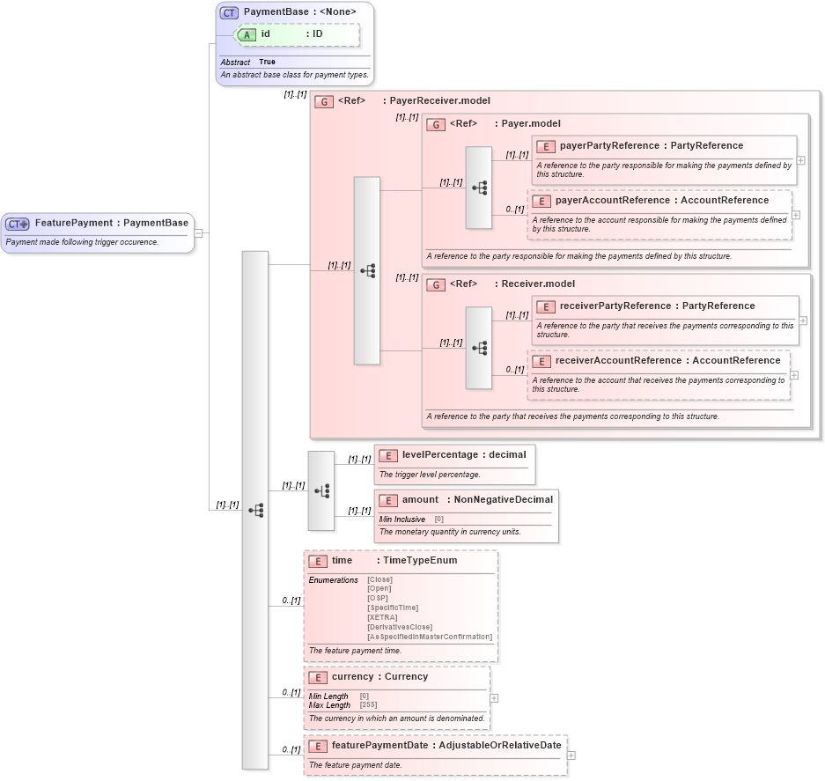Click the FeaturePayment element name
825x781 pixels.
tap(74, 224)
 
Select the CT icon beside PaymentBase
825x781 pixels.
tap(229, 13)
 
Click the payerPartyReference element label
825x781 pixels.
tap(609, 146)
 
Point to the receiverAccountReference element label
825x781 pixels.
tap(611, 361)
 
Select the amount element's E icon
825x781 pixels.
tap(388, 500)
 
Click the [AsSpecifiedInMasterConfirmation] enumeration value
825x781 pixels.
tap(430, 637)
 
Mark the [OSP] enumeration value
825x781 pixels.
tap(377, 598)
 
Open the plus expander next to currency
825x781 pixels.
tap(494, 698)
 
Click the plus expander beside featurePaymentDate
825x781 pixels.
tap(571, 755)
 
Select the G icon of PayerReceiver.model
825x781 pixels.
tap(323, 101)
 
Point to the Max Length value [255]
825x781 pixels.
tap(369, 705)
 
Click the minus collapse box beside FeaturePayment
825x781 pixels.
tap(199, 233)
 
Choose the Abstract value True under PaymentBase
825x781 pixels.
tap(267, 63)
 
